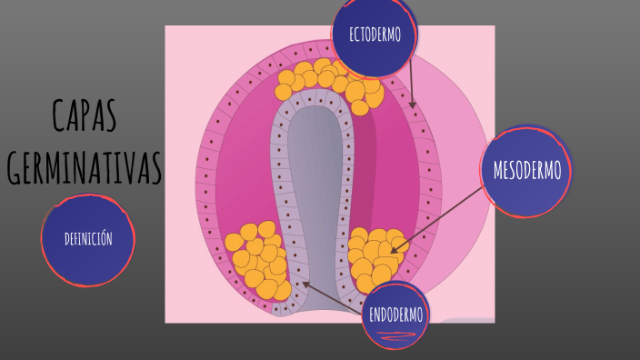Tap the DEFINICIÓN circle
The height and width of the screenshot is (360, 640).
[x=88, y=240]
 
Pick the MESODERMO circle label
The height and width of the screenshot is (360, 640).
[x=526, y=170]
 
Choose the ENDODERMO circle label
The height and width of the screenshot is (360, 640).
[x=395, y=315]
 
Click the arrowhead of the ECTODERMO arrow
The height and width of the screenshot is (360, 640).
[x=413, y=105]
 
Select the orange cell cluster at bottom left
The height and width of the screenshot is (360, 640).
[x=259, y=259]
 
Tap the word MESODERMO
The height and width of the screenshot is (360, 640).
[x=526, y=170]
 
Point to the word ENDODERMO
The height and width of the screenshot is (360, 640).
[x=395, y=315]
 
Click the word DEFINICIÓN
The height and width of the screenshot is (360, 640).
[x=88, y=240]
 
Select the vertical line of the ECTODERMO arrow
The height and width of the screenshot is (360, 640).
[x=410, y=77]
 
